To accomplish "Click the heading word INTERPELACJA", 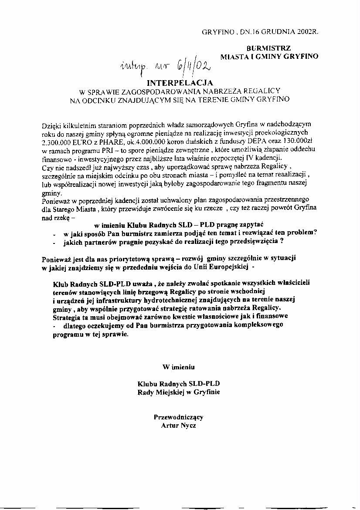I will click(180, 82).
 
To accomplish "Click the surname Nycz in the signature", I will click(187, 425).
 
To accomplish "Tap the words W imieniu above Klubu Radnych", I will click(179, 367).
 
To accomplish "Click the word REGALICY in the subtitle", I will click(262, 91).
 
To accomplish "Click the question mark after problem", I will click(315, 232).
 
